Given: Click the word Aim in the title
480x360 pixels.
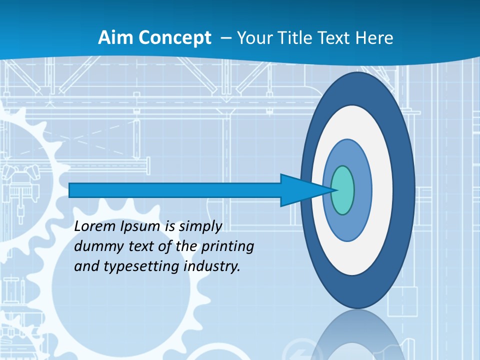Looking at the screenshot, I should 113,38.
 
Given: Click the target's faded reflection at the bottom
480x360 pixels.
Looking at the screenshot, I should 358,335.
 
